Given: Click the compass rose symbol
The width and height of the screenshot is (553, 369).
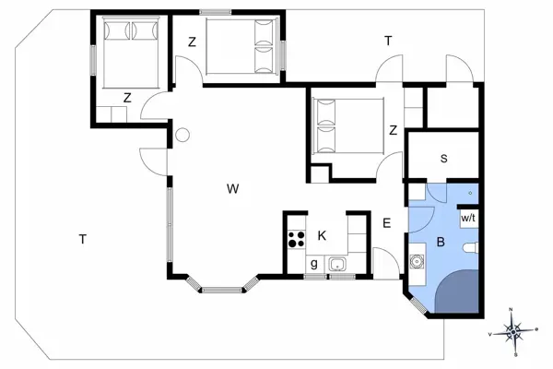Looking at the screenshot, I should pos(516,329).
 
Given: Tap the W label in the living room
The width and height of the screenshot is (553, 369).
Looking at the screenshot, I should pos(233,189).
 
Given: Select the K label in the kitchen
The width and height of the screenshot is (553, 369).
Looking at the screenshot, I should pos(322,236).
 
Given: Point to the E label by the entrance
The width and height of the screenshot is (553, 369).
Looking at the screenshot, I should pos(386,222).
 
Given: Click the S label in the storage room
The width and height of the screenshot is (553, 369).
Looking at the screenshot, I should pos(443,159).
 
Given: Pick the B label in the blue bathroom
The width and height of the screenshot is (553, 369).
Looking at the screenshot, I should pos(441,244).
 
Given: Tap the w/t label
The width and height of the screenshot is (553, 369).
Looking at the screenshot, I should pos(468,218).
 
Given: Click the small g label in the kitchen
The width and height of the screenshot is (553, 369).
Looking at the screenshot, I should pos(314,264).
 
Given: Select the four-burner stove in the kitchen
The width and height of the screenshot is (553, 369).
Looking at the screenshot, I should pos(297,241).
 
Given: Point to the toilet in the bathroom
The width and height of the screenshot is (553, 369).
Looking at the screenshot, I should pos(471,246).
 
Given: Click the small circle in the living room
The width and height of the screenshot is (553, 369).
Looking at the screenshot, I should pos(182,136).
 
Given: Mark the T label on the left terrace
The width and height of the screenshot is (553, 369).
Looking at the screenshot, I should pos(82,240).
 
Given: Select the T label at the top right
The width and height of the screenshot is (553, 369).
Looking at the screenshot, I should pos(388,41).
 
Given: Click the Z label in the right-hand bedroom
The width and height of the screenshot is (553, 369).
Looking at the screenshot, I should pos(393,130).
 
